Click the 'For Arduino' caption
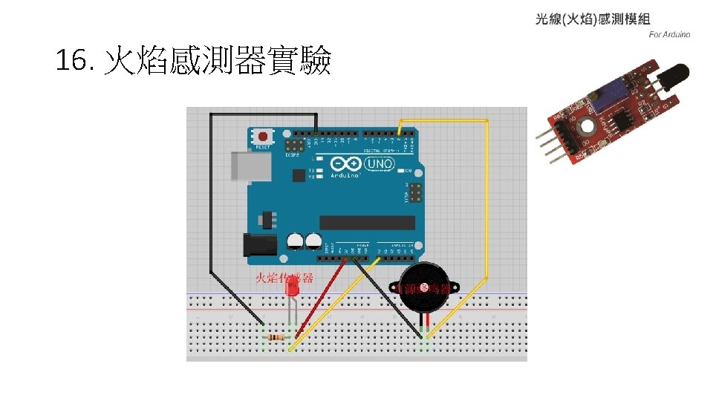[669, 34]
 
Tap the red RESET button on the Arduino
[263, 137]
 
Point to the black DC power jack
[259, 247]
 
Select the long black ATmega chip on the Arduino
[367, 222]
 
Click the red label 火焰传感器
[284, 278]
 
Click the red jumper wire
[321, 301]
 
